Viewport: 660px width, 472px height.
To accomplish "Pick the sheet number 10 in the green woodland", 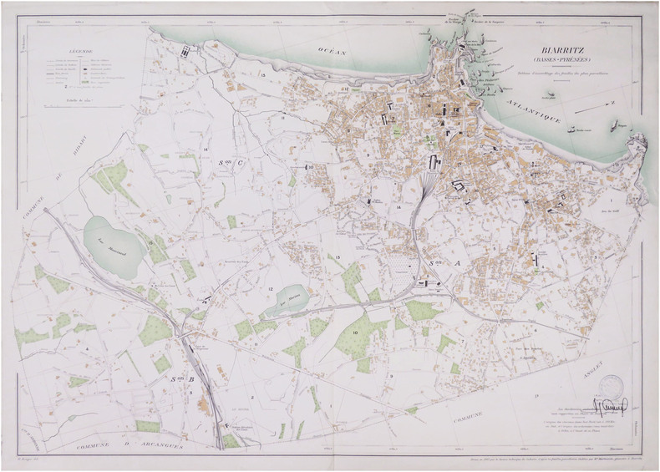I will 355,332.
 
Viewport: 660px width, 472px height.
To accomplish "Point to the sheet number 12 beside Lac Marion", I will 272,288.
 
